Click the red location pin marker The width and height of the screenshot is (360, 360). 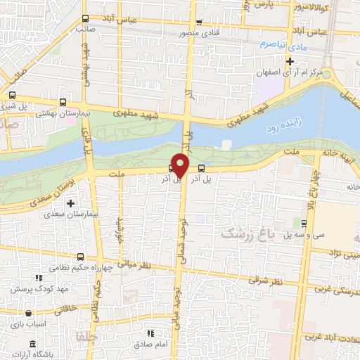point(181,165)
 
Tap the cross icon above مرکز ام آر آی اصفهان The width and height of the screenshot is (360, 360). point(290,61)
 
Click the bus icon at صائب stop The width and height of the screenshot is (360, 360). point(85,19)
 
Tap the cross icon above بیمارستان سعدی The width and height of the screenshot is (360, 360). point(70,204)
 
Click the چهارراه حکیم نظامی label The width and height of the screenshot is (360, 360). point(79,267)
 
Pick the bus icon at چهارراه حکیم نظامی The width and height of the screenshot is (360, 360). point(80,256)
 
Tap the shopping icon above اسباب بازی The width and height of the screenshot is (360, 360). point(28,314)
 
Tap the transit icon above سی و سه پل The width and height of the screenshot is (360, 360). point(303,224)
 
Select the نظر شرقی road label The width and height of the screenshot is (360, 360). point(263,281)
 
